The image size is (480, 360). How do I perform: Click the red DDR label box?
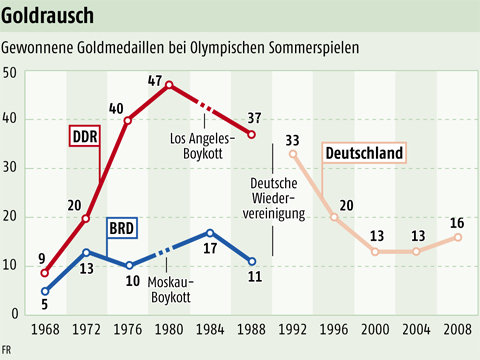pyautogui.click(x=87, y=135)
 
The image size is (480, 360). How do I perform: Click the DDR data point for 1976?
pyautogui.click(x=127, y=120)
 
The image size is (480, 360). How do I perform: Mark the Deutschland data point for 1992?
pyautogui.click(x=293, y=154)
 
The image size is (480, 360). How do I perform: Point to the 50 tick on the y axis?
pyautogui.click(x=10, y=72)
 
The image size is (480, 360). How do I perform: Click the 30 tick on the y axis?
pyautogui.click(x=10, y=169)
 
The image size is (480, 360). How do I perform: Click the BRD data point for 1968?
pyautogui.click(x=45, y=291)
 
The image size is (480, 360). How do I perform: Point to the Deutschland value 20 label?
pyautogui.click(x=346, y=206)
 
